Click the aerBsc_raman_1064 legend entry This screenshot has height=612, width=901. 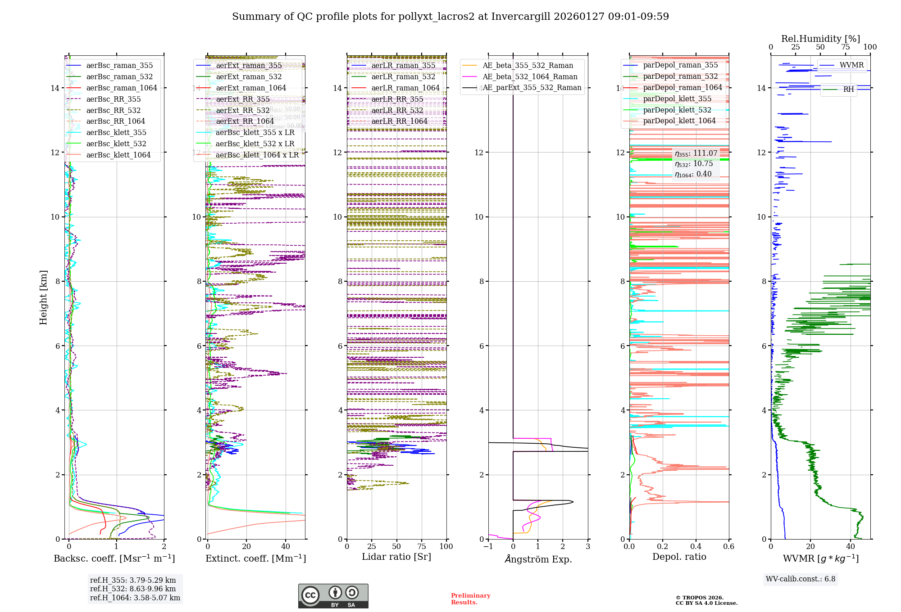[x=122, y=88]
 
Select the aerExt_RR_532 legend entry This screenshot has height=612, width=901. [x=243, y=110]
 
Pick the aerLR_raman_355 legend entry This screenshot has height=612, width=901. [x=403, y=65]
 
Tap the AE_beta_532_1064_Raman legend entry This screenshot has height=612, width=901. [x=530, y=76]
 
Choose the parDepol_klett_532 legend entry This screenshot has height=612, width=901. [x=677, y=110]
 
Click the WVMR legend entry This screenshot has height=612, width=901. [x=851, y=65]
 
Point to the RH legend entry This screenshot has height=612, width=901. [x=848, y=90]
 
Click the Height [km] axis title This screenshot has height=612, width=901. [x=43, y=297]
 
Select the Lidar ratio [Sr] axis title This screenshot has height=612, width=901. [x=396, y=557]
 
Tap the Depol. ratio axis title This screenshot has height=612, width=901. [x=679, y=557]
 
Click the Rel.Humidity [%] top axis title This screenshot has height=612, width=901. [x=820, y=39]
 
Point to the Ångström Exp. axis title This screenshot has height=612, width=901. [x=538, y=559]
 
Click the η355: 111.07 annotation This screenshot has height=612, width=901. [x=696, y=153]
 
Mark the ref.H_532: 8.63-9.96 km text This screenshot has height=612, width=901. [x=133, y=589]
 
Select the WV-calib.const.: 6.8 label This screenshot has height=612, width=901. [x=801, y=579]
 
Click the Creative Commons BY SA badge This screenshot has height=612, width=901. [x=333, y=596]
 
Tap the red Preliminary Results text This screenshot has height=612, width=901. [x=470, y=599]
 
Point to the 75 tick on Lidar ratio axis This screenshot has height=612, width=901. [x=422, y=546]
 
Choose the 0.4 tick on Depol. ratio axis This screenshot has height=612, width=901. [x=696, y=546]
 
